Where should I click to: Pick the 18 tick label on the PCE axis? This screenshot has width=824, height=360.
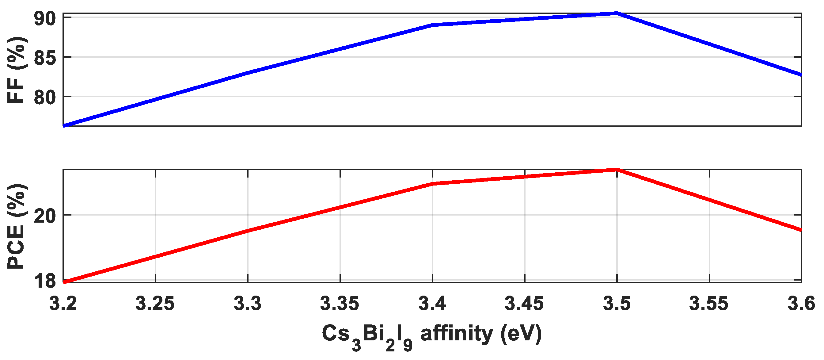point(45,282)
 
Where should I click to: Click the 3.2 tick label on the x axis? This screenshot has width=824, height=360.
point(63,304)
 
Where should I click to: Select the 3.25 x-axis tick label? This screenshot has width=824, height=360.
point(155,304)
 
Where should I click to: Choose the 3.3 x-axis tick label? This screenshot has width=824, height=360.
point(248,304)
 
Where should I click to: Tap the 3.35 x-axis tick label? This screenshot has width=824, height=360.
point(340,304)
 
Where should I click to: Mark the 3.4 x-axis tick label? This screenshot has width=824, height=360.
point(432,304)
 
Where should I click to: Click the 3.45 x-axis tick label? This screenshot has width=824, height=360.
point(524,304)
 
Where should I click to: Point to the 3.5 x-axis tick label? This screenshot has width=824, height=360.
point(617,304)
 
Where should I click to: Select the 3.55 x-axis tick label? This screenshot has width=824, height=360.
point(709,304)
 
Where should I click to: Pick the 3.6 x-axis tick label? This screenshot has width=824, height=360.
point(801,304)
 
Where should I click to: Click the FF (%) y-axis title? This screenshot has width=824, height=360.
point(16,70)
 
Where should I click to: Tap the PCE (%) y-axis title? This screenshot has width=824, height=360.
point(16,226)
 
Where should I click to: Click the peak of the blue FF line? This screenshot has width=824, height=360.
point(617,13)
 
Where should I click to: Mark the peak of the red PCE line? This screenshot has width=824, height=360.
point(617,169)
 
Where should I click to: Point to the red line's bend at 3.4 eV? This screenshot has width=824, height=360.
point(432,184)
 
